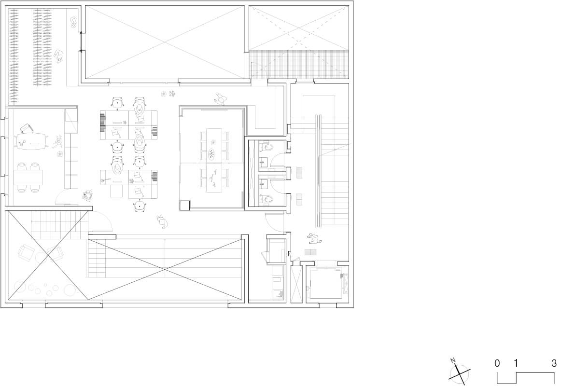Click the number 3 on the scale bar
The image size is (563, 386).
pyautogui.click(x=554, y=363)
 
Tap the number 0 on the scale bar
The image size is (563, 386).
pyautogui.click(x=497, y=363)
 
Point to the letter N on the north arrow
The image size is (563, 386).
pyautogui.click(x=453, y=360)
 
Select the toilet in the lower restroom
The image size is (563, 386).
pyautogui.click(x=267, y=198)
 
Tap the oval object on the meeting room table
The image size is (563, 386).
pyautogui.click(x=211, y=154)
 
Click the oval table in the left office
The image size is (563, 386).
pyautogui.click(x=32, y=141)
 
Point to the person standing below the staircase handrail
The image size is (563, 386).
pyautogui.click(x=314, y=238)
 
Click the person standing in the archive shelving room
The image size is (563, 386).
pyautogui.click(x=59, y=57)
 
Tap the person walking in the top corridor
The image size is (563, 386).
pyautogui.click(x=221, y=98)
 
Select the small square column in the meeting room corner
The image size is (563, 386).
pyautogui.click(x=184, y=206)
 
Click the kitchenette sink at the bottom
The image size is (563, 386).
pyautogui.click(x=278, y=294)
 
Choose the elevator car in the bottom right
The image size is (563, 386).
pyautogui.click(x=325, y=283)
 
